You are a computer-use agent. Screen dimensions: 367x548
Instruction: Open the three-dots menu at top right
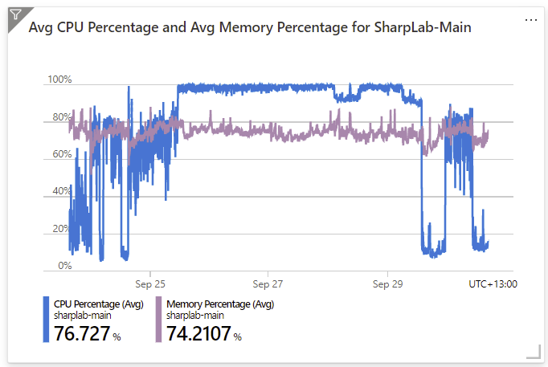(x=530, y=19)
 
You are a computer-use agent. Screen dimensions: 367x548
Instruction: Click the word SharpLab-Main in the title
(x=423, y=27)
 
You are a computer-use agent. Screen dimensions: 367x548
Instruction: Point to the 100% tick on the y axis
(x=59, y=80)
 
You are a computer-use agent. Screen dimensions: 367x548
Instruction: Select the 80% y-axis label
(x=61, y=117)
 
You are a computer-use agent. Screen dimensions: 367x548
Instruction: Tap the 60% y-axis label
(x=61, y=154)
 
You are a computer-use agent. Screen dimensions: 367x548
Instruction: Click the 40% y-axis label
(x=61, y=191)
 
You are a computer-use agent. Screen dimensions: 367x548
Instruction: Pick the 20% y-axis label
(x=61, y=229)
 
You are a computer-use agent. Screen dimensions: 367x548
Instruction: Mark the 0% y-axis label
(x=64, y=266)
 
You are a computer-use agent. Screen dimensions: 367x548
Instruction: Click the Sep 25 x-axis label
(x=150, y=283)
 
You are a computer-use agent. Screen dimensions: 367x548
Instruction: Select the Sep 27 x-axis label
(x=268, y=283)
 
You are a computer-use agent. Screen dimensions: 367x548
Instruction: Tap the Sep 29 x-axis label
(x=387, y=283)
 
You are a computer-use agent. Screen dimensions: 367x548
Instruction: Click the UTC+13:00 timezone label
(x=493, y=283)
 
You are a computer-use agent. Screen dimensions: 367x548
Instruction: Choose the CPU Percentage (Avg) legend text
(x=98, y=304)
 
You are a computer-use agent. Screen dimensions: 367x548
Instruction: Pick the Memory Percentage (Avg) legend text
(x=220, y=304)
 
